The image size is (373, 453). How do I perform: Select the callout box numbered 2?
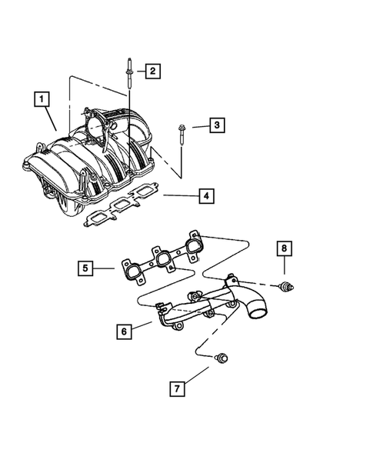[x=152, y=72]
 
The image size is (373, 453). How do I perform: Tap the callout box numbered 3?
[x=218, y=125]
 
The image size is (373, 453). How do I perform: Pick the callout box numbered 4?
[x=205, y=197]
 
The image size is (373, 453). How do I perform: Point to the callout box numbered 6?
[x=122, y=331]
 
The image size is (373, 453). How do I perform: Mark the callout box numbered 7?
[x=177, y=388]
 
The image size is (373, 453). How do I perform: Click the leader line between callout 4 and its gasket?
[x=178, y=196]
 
